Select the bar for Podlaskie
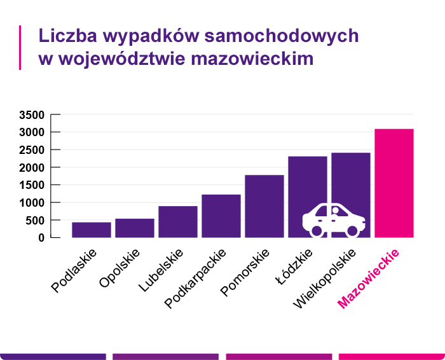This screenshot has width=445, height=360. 92,230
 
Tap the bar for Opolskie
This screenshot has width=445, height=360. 135,228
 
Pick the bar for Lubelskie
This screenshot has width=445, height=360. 178,221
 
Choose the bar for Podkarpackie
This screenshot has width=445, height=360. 221,216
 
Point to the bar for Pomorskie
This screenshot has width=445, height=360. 264,206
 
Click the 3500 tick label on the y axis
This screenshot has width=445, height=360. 31,115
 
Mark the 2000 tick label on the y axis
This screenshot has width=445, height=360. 31,167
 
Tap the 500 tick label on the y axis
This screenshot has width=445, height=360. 34,220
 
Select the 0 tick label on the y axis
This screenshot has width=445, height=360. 41,238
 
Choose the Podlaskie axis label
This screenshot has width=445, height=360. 74,270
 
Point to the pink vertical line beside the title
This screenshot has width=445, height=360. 21,47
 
